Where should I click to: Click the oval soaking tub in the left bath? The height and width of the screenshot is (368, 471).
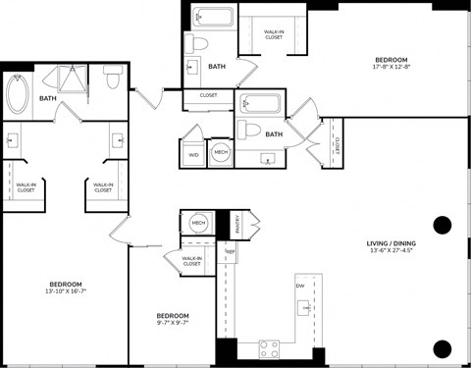point(20,94)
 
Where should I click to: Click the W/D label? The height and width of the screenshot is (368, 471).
point(191,153)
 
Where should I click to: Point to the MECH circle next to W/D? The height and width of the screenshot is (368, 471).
point(221,153)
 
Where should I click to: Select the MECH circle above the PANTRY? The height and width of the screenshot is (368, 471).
point(199,224)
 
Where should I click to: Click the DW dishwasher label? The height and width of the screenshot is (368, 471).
point(298,286)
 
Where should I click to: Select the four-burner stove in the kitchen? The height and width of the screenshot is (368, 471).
point(269,347)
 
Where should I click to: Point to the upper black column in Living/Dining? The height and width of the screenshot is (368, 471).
point(442,225)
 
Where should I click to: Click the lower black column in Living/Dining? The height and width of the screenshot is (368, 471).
point(442,347)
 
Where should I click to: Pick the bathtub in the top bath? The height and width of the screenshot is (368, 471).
point(213,17)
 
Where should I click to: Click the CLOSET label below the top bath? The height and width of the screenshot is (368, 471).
point(208,95)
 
